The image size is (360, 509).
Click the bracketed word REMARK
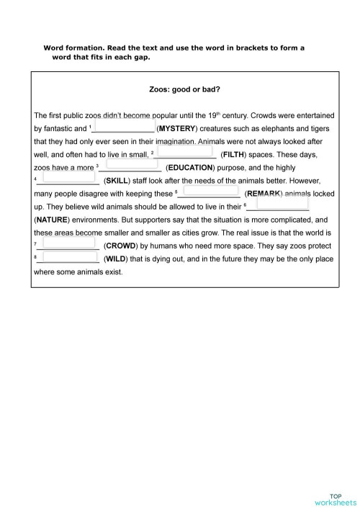pyautogui.click(x=264, y=194)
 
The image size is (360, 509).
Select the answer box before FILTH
pyautogui.click(x=184, y=152)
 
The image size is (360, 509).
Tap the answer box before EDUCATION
pyautogui.click(x=132, y=165)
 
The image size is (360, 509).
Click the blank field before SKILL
pyautogui.click(x=68, y=179)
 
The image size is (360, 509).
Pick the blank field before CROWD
pyautogui.click(x=70, y=244)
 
